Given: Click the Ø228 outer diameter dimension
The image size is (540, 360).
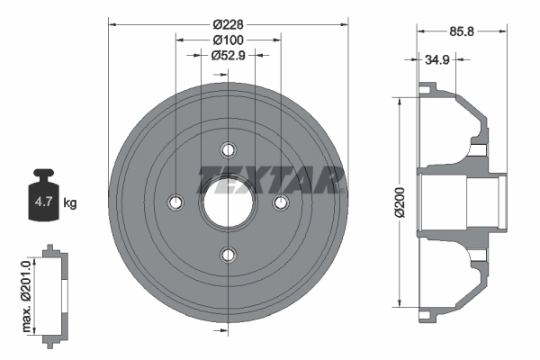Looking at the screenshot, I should pos(229,23).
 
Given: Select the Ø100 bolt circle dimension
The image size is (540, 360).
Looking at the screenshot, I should pos(229,40).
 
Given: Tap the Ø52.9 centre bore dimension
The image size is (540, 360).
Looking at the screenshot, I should pos(229,56).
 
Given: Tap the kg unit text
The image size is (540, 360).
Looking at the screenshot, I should pos(70,203).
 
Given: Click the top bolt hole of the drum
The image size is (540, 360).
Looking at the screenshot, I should pos(229,149).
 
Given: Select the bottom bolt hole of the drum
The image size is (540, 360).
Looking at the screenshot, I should pos(229,255).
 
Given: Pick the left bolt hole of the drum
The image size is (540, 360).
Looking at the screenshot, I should pos(176,202).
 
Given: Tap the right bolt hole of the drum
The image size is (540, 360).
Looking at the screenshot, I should pos(281,202).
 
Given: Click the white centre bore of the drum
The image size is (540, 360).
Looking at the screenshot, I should pos(229,202).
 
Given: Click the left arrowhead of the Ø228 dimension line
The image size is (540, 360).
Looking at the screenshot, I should pos(112,24).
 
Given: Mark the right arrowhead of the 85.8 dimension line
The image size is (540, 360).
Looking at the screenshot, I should pos(501,31).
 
